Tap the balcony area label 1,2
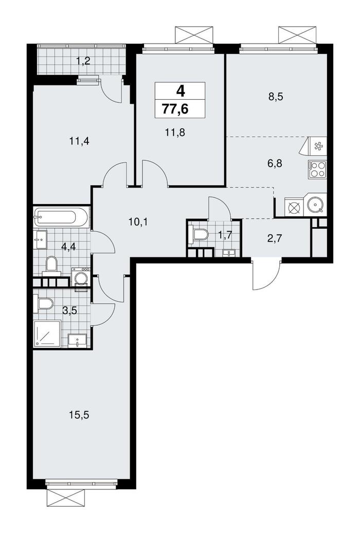pos(83,61)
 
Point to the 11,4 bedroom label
pos(79,140)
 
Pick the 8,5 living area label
pos(276,97)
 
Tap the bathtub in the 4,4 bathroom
pos(62,217)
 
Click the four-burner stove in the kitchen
pos(317,170)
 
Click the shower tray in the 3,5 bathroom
pos(47,334)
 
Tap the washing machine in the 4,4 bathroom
pos(81,278)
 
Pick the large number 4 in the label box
pos(180,91)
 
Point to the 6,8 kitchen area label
pos(275,163)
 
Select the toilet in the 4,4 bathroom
pos(52,265)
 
